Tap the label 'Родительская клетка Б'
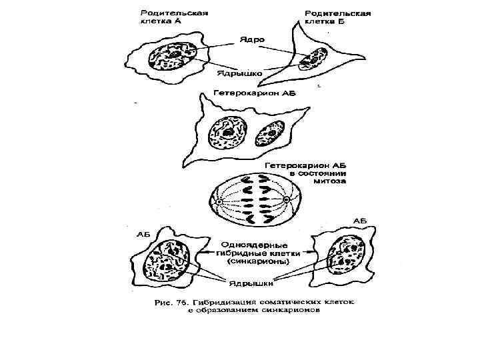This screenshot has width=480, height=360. [x=337, y=17]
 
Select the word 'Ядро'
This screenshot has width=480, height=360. [x=253, y=40]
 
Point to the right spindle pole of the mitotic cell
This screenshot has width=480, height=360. [x=287, y=201]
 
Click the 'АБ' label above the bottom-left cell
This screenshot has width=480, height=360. [x=143, y=234]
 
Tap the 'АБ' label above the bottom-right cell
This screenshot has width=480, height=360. [x=360, y=221]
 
